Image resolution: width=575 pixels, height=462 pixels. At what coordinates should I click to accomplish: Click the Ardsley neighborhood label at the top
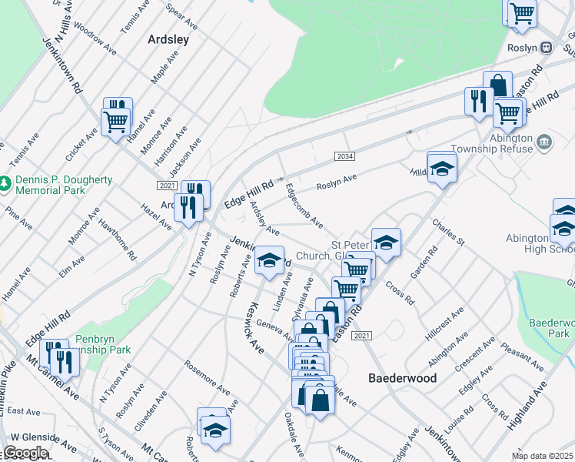pyautogui.click(x=168, y=38)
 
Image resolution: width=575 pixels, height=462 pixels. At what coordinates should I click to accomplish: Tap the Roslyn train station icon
pyautogui.click(x=546, y=46)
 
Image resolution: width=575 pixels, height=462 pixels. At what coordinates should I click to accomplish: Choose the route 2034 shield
pyautogui.click(x=344, y=156)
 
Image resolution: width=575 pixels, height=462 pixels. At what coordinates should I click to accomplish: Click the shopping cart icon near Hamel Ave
pyautogui.click(x=115, y=121)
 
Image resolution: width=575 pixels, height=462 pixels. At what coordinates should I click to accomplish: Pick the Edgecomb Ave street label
pyautogui.click(x=304, y=206)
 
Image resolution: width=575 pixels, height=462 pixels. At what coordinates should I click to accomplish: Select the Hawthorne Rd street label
pyautogui.click(x=118, y=238)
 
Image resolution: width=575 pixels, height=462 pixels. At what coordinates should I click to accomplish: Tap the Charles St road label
pyautogui.click(x=448, y=232)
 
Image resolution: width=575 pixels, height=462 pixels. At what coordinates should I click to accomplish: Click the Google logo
pyautogui.click(x=25, y=453)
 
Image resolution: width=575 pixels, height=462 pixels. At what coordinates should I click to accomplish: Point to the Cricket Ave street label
pyautogui.click(x=81, y=144)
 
